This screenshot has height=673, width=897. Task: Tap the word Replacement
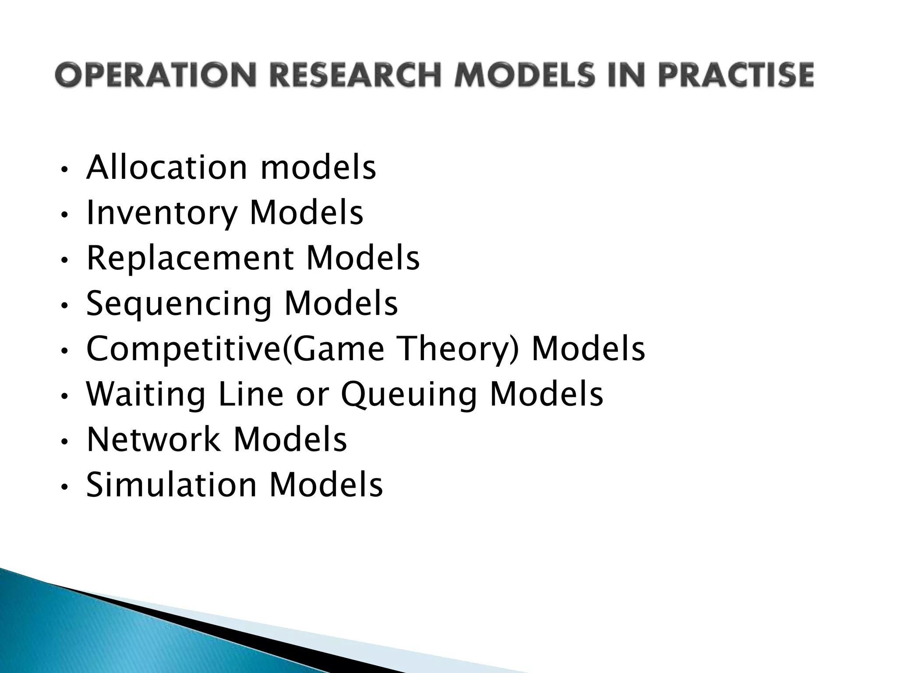point(190,258)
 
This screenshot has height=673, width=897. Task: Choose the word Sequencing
point(179,304)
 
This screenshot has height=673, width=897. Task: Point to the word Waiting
point(145,395)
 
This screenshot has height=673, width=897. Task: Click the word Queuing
point(408,395)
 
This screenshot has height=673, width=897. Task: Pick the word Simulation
point(171,485)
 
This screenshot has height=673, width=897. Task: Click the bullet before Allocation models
point(64,170)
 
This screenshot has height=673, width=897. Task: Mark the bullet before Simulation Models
point(64,487)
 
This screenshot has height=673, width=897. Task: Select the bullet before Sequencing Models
point(64,306)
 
